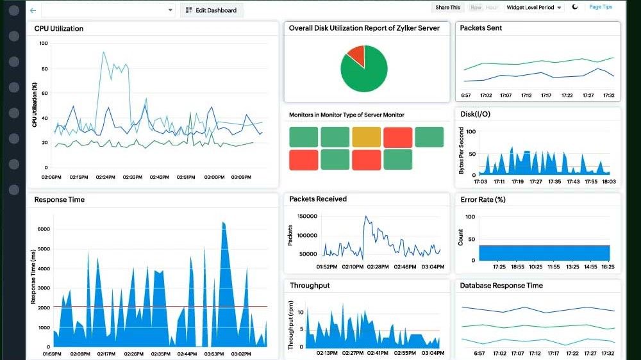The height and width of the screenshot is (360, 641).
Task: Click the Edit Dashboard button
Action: [x=211, y=10]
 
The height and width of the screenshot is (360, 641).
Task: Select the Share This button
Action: [x=447, y=8]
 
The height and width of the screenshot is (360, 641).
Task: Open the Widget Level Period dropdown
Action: [x=534, y=8]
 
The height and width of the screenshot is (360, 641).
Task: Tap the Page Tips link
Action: [x=601, y=7]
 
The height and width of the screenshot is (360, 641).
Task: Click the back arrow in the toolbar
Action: [x=33, y=10]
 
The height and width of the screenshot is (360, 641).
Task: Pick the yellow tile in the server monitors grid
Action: [x=366, y=137]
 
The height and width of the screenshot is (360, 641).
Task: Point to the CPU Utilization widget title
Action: [x=58, y=28]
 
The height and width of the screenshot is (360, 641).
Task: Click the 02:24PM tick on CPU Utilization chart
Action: [x=106, y=177]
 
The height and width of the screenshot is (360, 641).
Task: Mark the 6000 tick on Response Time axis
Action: [x=44, y=229]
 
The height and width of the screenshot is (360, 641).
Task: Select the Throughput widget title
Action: [x=310, y=286]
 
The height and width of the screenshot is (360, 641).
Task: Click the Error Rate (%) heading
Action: [x=483, y=200]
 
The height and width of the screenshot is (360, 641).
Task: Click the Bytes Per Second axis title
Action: [x=461, y=151]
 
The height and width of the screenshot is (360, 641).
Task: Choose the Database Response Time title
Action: [x=501, y=286]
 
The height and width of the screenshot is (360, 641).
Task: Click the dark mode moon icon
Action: [x=575, y=7]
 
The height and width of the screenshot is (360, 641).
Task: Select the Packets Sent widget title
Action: [x=481, y=28]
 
